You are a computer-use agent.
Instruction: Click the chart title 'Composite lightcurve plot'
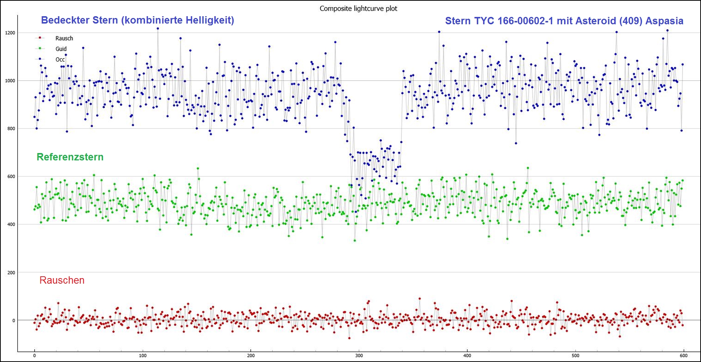(x=358, y=8)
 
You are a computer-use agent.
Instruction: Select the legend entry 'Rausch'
(x=64, y=38)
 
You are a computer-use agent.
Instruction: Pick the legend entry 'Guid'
(x=61, y=49)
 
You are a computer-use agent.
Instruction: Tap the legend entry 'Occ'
(x=60, y=60)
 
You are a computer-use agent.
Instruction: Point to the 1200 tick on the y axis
(x=10, y=33)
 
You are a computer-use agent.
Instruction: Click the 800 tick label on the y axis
(x=11, y=129)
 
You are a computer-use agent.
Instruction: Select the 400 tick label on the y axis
(x=11, y=224)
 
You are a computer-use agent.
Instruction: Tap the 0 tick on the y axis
(x=14, y=320)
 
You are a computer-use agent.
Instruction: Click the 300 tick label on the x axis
(x=359, y=355)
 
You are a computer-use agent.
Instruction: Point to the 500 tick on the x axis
(x=575, y=355)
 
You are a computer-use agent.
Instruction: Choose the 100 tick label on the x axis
(x=142, y=355)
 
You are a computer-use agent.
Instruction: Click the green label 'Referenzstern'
(x=70, y=157)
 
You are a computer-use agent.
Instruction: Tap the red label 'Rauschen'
(x=62, y=280)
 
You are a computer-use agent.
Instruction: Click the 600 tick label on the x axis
(x=683, y=355)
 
